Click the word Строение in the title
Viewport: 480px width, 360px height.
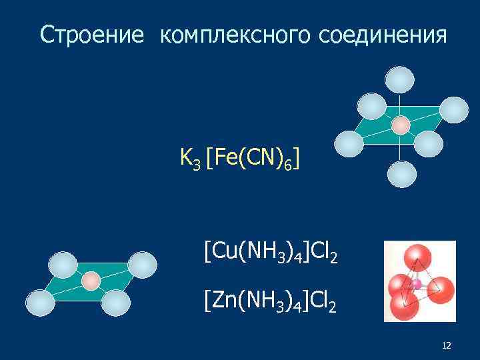point(91,35)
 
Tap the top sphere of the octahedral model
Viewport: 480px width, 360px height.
point(400,80)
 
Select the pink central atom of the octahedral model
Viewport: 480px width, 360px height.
point(401,125)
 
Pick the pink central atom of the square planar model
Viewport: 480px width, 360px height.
point(91,281)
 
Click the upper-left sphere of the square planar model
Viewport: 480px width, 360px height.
point(63,265)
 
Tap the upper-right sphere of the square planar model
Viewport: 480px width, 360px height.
point(143,264)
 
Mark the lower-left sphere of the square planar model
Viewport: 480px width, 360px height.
point(40,303)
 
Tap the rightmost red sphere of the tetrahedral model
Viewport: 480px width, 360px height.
point(441,290)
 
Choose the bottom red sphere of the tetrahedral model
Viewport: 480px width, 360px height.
point(405,307)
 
